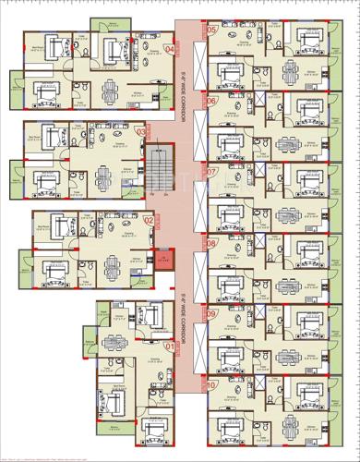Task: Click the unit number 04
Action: coord(168,49)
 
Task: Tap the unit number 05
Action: coord(212,30)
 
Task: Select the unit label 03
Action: coord(141,132)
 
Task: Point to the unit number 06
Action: coord(211,101)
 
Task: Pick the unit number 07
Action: coord(211,172)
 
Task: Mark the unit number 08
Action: coord(211,244)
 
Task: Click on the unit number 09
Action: coord(211,314)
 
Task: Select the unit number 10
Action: coord(211,385)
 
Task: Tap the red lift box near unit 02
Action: coord(164,258)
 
